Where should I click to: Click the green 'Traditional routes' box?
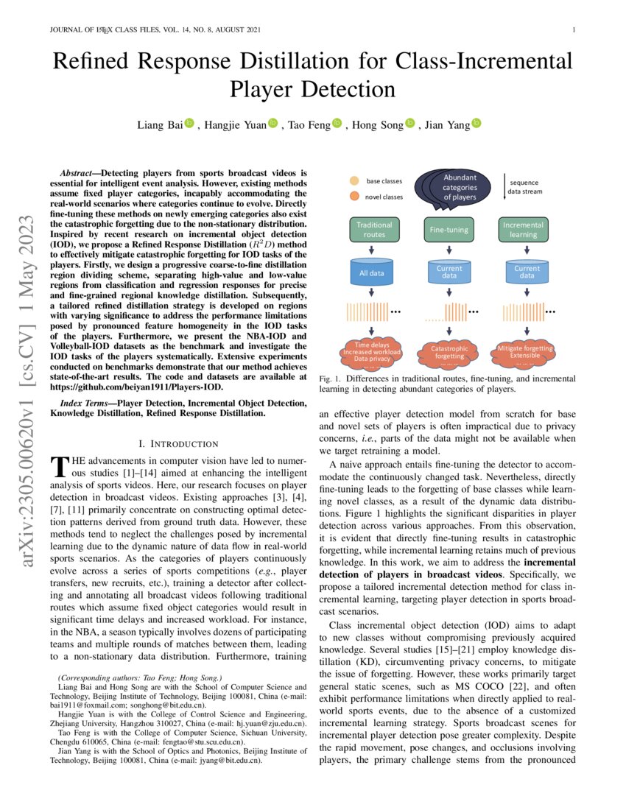coord(374,229)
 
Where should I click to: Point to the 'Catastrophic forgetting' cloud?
coord(448,351)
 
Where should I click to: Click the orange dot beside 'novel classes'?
coord(354,197)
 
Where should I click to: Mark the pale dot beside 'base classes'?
coord(354,180)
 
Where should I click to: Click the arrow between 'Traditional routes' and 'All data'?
coord(373,250)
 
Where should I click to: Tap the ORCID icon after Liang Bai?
coord(189,124)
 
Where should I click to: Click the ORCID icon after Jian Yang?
coord(476,124)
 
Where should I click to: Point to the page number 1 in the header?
coord(572,30)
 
